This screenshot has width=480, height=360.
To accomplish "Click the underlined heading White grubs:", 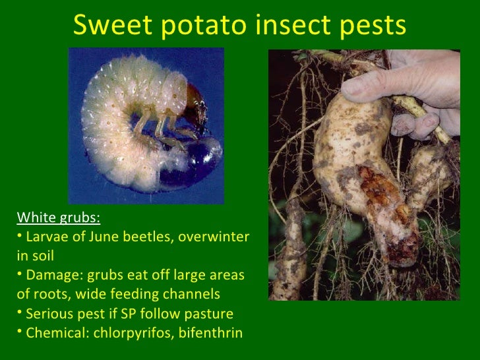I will [59, 218].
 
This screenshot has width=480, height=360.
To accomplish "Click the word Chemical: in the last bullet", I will [57, 332].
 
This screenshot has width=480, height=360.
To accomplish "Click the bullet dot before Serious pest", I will [19, 312].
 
